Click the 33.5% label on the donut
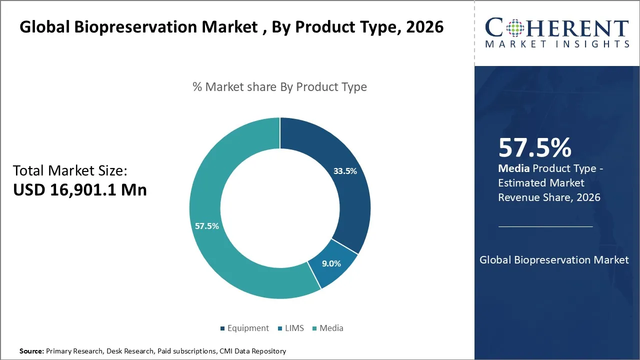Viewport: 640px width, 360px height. (x=345, y=171)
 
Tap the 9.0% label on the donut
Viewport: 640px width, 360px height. (x=331, y=263)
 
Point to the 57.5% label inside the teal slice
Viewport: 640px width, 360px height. (x=206, y=226)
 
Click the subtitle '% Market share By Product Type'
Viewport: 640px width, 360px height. (x=279, y=87)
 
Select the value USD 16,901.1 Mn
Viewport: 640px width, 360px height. (x=80, y=190)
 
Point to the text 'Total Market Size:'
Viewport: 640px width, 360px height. (x=70, y=170)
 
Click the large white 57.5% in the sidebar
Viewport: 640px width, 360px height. (x=534, y=147)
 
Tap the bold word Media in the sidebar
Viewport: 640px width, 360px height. (x=513, y=168)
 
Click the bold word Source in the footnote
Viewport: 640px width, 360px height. (x=31, y=351)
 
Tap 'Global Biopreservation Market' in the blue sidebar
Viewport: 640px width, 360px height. (x=554, y=260)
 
